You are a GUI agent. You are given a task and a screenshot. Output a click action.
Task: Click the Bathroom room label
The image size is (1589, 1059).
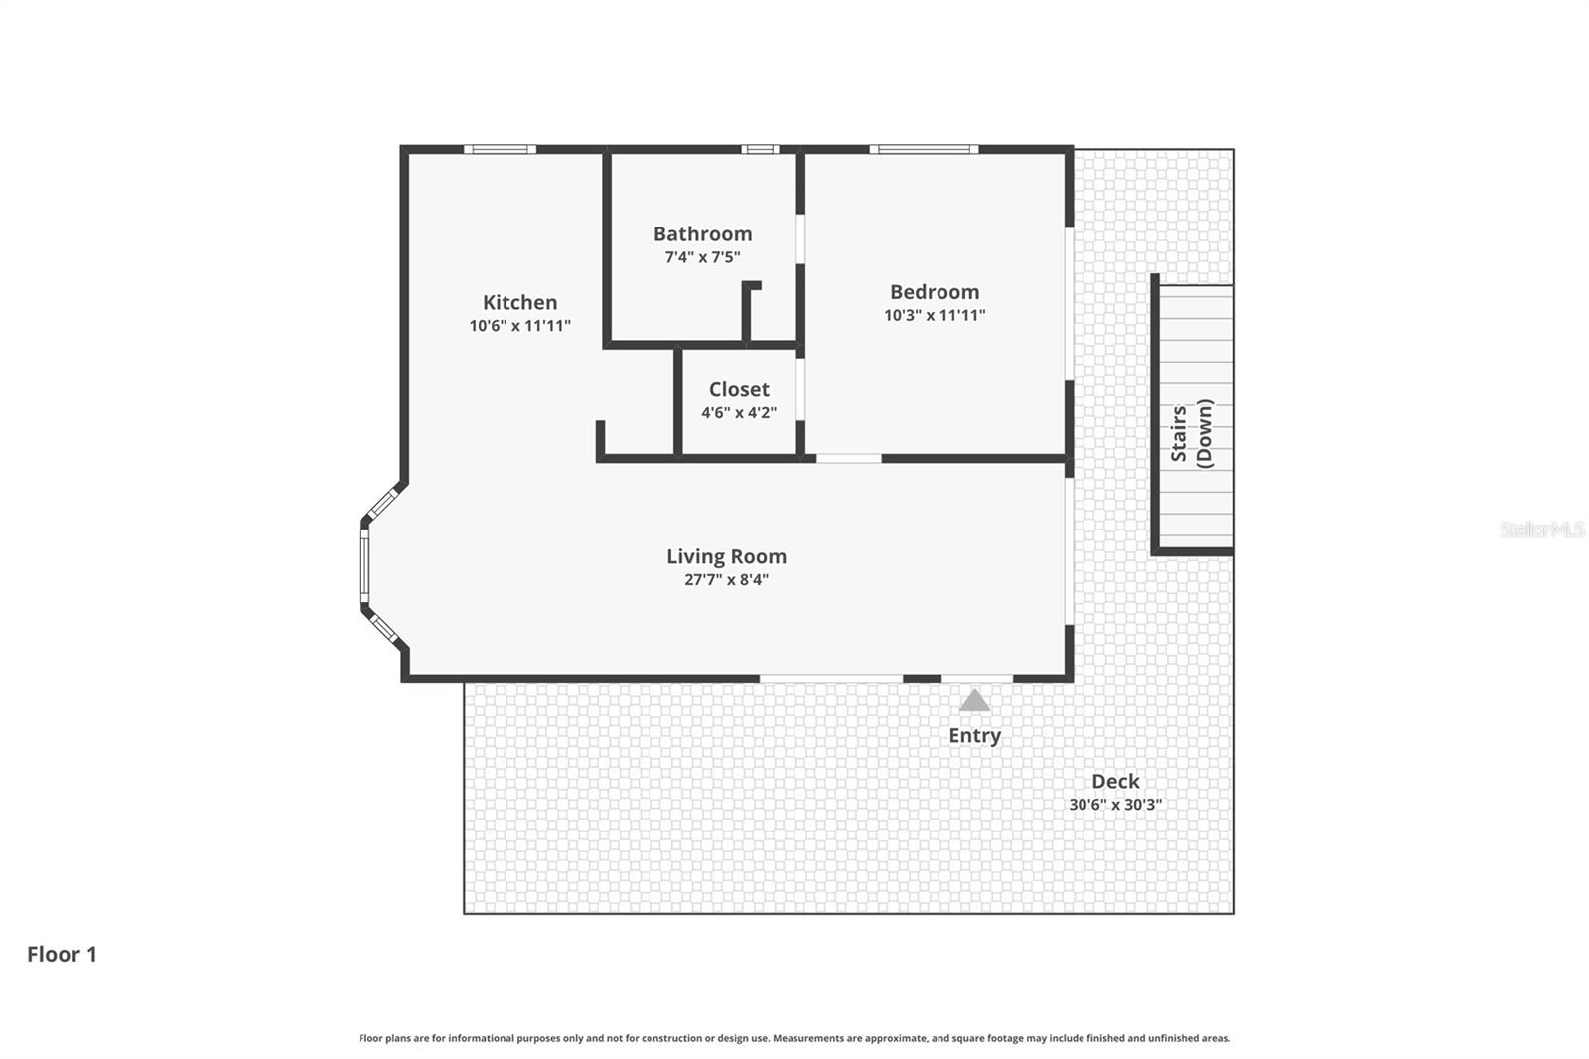[x=702, y=234]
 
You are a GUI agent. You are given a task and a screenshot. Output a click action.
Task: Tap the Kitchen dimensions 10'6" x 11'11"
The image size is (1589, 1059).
[x=519, y=326]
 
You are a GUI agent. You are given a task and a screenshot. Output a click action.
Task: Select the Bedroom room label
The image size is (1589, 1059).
[x=934, y=292]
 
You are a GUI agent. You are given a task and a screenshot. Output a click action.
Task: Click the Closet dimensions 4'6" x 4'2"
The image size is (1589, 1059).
[x=738, y=413]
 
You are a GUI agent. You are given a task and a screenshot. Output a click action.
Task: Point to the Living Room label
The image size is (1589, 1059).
[x=726, y=557]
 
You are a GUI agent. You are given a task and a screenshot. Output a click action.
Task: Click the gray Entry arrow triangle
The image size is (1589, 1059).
[x=974, y=701]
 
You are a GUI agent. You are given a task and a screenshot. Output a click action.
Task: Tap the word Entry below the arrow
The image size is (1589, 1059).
[x=974, y=736]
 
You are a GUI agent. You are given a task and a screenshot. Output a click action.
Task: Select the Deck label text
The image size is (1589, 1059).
[x=1115, y=782]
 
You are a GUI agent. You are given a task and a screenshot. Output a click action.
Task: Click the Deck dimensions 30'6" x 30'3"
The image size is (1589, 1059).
[x=1115, y=806]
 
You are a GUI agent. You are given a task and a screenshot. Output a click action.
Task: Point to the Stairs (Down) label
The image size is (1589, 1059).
[x=1191, y=433]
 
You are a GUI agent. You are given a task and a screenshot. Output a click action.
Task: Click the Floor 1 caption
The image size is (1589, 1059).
[x=62, y=955]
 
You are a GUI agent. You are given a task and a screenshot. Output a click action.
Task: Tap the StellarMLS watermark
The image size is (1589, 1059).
[x=1541, y=529]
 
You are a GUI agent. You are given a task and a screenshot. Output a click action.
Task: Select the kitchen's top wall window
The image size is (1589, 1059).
[x=500, y=150]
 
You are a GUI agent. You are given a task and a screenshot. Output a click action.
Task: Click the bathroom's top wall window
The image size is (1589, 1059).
[x=760, y=150]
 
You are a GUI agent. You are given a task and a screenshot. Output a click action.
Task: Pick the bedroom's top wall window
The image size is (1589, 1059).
[x=924, y=150]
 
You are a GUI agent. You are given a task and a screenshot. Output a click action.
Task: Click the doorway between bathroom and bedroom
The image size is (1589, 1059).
[x=800, y=238]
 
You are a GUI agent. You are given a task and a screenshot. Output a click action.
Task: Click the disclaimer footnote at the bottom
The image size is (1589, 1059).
[x=794, y=1038]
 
